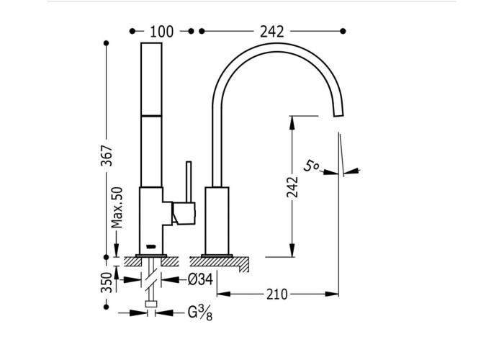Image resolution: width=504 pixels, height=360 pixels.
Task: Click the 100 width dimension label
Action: coord(162,32)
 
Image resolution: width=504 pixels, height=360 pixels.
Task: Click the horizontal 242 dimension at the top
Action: coord(272,32)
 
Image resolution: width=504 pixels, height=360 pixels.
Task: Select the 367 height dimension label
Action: coord(107,156)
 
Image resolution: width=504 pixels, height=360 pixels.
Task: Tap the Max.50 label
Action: coord(117,207)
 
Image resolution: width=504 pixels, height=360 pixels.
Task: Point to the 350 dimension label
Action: coord(107,282)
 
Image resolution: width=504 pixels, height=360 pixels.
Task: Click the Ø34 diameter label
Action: coord(200,279)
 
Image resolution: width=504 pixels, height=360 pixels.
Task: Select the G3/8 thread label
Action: coord(200,312)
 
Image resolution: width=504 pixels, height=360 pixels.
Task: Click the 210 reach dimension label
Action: coord(277,294)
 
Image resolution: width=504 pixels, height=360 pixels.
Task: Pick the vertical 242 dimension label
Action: coord(292,187)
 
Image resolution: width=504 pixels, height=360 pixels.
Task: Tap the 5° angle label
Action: coord(311,166)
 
